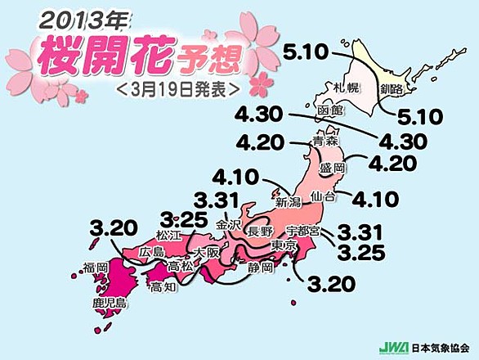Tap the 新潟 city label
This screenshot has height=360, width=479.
point(290,201)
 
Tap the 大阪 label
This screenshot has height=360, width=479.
point(208,253)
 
